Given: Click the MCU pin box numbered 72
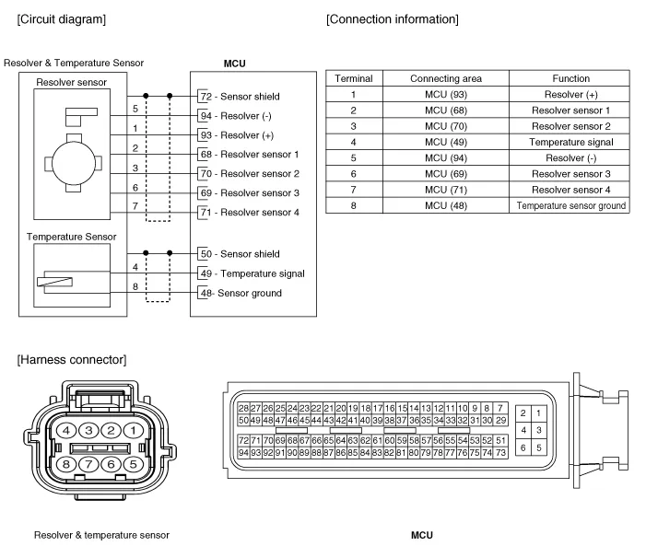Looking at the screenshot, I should click(x=205, y=97).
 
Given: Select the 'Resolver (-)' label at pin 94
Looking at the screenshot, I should click(x=242, y=116).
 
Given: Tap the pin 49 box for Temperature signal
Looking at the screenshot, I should click(x=205, y=273).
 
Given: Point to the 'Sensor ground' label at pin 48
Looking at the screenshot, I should click(x=249, y=293).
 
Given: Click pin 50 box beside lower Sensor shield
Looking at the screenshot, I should click(x=205, y=254).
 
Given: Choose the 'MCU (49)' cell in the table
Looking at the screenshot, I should click(x=445, y=143).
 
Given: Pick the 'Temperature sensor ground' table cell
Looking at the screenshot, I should click(x=571, y=206).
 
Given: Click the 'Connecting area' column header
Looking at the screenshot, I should click(x=445, y=79).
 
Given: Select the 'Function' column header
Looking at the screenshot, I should click(x=571, y=79).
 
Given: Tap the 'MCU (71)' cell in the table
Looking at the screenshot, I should click(x=445, y=190).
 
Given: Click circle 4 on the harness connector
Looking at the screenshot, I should click(x=66, y=430).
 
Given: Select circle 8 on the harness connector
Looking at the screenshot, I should click(x=66, y=464).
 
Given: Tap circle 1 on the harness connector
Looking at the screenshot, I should click(x=135, y=430).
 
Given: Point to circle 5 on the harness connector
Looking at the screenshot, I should click(x=135, y=464).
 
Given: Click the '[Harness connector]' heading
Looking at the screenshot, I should click(x=71, y=359).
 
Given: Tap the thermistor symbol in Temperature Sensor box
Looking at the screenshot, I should click(x=54, y=281).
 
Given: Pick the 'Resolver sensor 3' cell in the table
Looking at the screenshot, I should click(x=571, y=174).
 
